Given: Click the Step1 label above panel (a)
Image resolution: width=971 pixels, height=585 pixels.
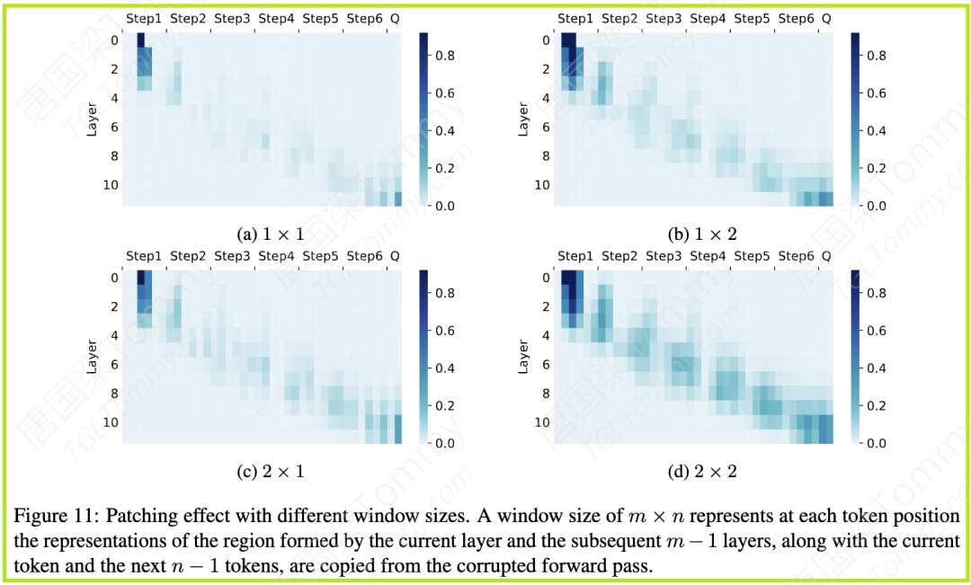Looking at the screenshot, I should (144, 18).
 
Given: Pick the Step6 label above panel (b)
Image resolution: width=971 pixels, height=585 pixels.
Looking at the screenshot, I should (796, 18).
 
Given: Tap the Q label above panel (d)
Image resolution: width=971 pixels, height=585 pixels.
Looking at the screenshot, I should (826, 256).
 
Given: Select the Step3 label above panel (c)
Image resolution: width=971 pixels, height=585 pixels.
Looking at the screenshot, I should (232, 256).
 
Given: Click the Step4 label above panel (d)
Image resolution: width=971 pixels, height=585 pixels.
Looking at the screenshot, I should (708, 256).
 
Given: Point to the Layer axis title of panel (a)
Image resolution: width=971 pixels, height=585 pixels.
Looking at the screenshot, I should (93, 120).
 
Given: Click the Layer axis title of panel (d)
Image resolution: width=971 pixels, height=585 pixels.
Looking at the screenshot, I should (523, 357).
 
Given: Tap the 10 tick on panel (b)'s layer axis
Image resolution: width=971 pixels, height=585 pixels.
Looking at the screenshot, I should (543, 185).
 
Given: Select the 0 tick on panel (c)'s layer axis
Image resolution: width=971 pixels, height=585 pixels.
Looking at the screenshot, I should (114, 278).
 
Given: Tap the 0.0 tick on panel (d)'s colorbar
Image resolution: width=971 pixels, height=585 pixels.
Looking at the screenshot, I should (875, 444).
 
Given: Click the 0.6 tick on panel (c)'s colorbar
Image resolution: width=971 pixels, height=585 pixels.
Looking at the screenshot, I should (444, 331).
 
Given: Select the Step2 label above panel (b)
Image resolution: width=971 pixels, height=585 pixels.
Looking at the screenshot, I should (619, 18).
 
